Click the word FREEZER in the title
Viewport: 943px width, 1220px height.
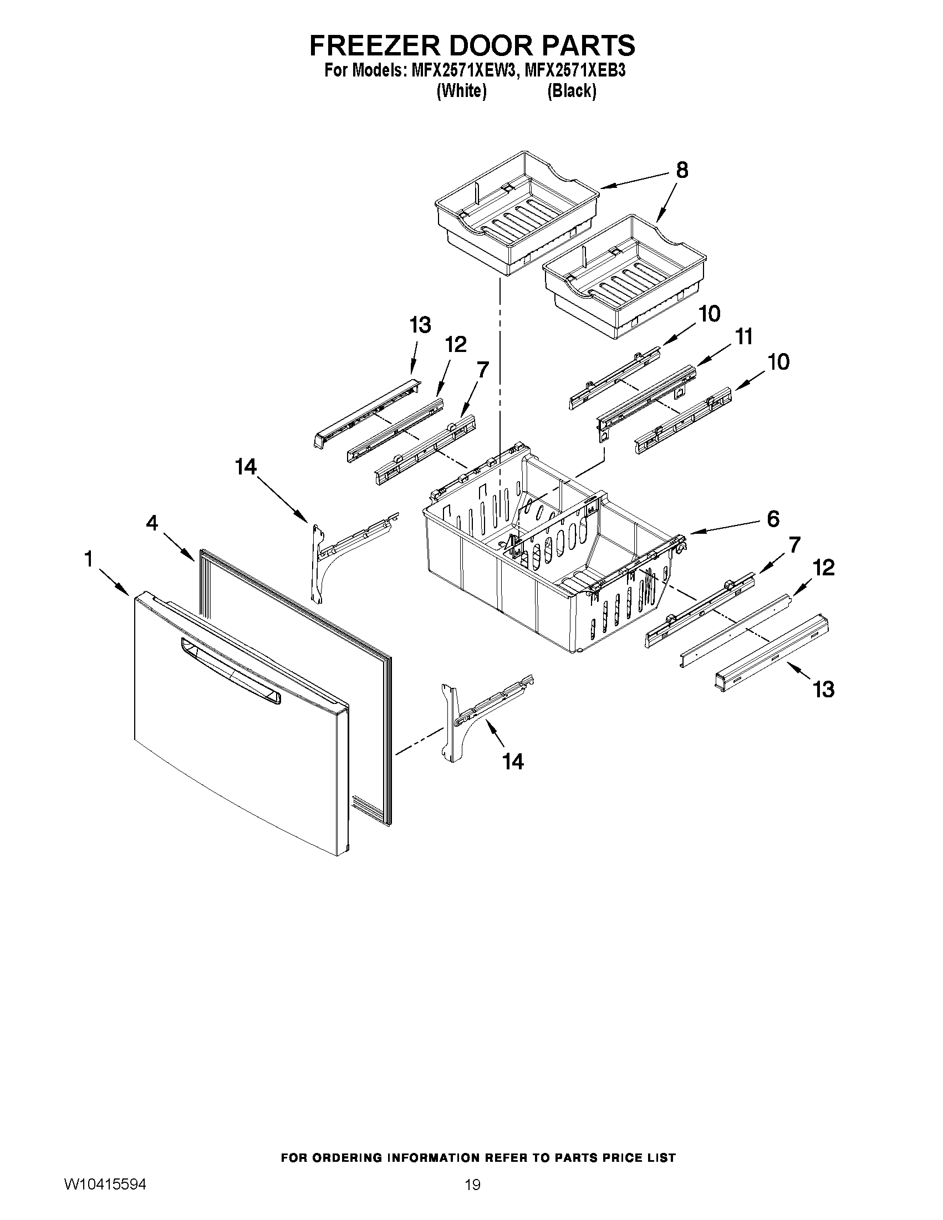tap(373, 45)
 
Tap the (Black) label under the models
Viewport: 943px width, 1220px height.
tap(571, 90)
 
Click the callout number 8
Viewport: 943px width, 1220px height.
tap(681, 170)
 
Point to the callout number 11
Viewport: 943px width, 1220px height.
tap(743, 337)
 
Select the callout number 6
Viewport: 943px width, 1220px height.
tap(773, 519)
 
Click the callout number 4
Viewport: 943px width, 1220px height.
tap(152, 523)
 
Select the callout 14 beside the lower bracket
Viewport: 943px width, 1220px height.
tap(512, 761)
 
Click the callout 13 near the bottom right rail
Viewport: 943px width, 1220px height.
tap(823, 690)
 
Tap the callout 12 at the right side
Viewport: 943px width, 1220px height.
tap(823, 568)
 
